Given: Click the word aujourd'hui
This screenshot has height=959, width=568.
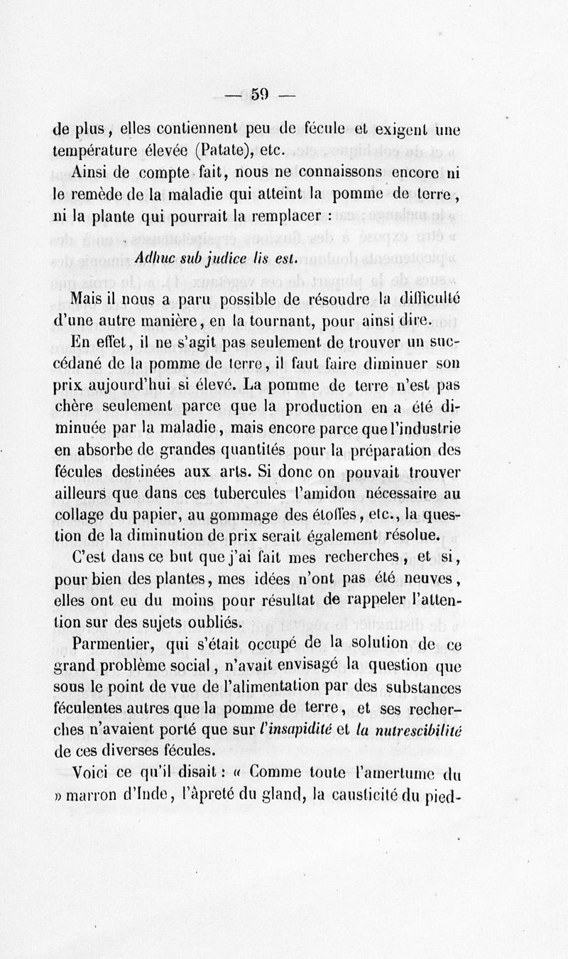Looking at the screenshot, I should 131,387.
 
